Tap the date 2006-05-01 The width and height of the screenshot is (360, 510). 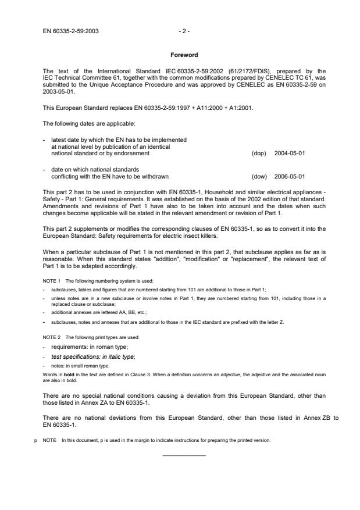pos(289,176)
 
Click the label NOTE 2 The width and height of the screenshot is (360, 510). pos(51,337)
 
